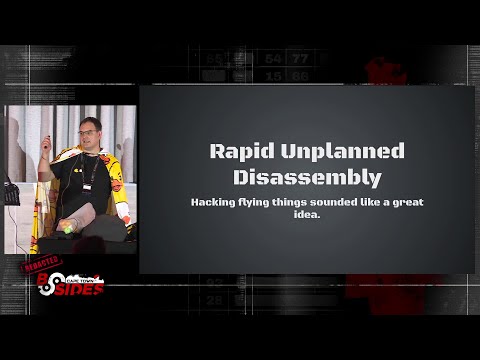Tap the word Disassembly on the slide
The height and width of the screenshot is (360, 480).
306,178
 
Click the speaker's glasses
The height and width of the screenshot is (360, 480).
87,133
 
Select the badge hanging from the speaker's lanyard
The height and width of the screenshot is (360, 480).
93,190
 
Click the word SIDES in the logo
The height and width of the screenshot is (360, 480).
83,286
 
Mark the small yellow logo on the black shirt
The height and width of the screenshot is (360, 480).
114,185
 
